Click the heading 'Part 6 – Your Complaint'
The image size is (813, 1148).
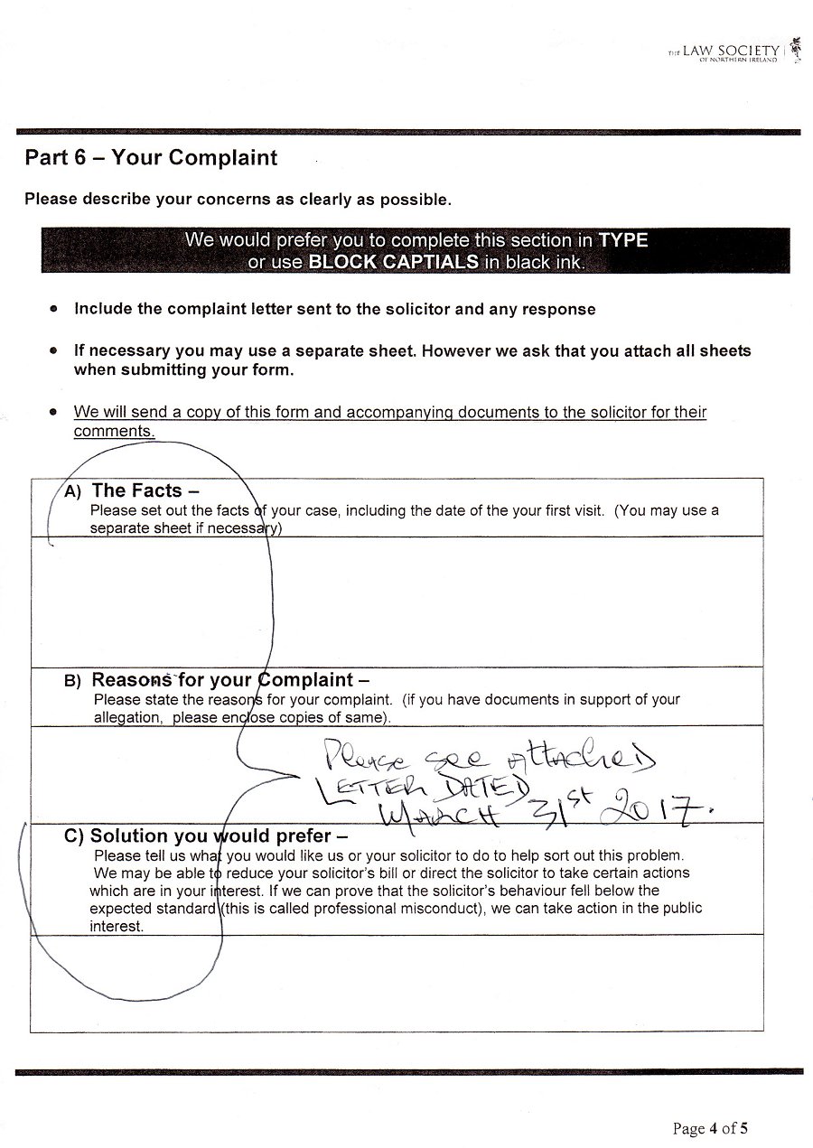(x=151, y=158)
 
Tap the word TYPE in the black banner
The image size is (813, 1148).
(x=623, y=241)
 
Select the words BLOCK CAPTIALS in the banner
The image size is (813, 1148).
(x=393, y=263)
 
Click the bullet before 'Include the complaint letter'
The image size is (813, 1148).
(x=54, y=309)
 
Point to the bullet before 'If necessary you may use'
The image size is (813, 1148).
(x=54, y=350)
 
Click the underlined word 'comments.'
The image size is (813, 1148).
(x=114, y=432)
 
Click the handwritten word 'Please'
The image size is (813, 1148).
(x=360, y=751)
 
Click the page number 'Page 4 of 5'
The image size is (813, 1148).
(x=710, y=1128)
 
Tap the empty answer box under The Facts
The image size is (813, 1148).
(x=397, y=602)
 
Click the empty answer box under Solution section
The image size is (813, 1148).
(x=397, y=983)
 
